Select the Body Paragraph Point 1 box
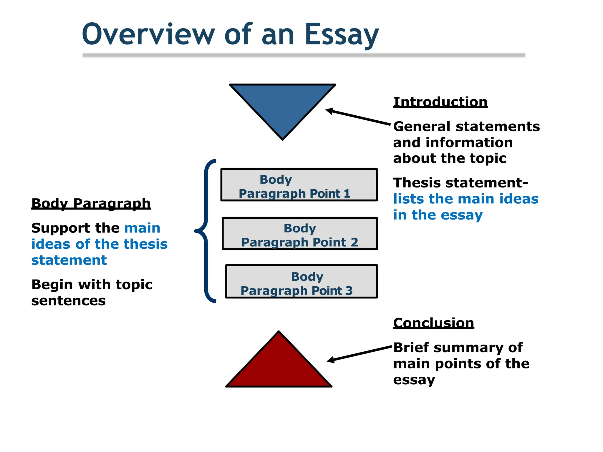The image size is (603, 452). (x=299, y=185)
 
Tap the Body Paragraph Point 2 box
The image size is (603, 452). (x=300, y=234)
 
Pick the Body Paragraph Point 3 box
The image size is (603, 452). (x=301, y=282)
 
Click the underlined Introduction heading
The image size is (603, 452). (x=440, y=102)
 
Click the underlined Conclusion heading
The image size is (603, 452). (x=433, y=323)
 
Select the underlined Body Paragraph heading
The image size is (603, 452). (x=91, y=203)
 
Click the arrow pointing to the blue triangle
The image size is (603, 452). (x=358, y=117)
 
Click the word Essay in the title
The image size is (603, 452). (x=342, y=35)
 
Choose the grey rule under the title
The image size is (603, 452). (x=304, y=55)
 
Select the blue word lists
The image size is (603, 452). (x=408, y=199)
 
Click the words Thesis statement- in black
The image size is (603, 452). (x=460, y=183)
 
